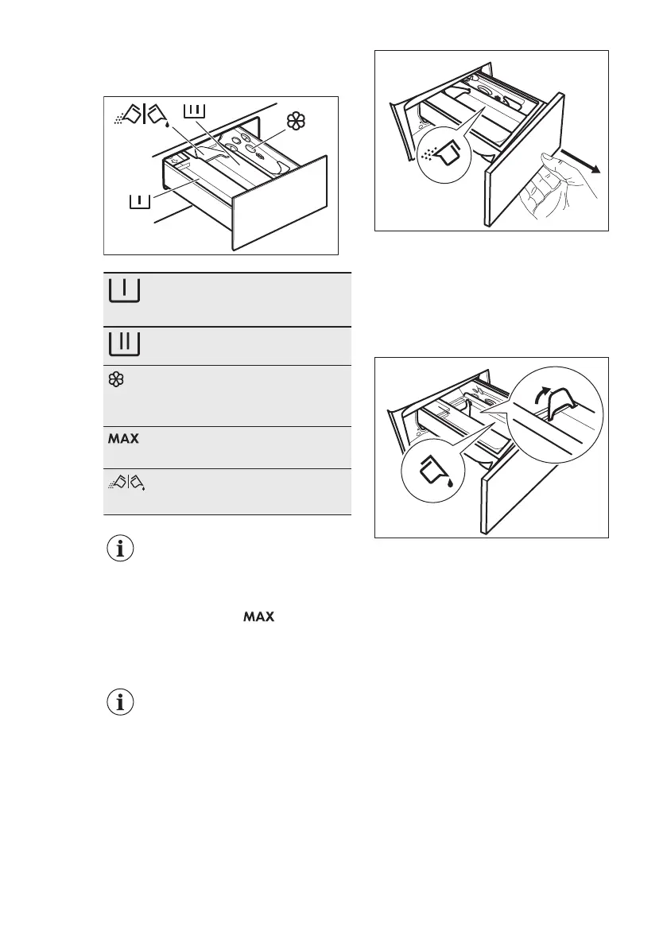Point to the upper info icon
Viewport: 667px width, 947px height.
click(x=121, y=549)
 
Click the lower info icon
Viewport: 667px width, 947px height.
click(x=121, y=703)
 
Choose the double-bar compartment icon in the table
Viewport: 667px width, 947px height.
click(x=123, y=343)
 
